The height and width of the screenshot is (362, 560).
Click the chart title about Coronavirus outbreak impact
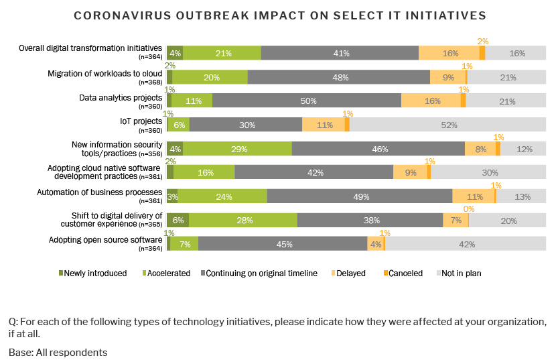pyautogui.click(x=280, y=15)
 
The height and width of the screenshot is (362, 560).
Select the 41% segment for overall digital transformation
pyautogui.click(x=340, y=54)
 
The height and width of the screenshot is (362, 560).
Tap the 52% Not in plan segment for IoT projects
pyautogui.click(x=449, y=125)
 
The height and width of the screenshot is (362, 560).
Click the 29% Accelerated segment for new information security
pyautogui.click(x=237, y=149)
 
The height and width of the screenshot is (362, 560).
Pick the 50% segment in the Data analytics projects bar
pyautogui.click(x=307, y=101)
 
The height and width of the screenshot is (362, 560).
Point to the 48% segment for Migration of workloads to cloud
pyautogui.click(x=339, y=77)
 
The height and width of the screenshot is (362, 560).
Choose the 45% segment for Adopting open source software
pyautogui.click(x=283, y=244)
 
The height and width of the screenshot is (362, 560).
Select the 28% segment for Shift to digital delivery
pyautogui.click(x=242, y=220)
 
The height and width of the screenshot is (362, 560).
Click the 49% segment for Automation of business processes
pyautogui.click(x=360, y=196)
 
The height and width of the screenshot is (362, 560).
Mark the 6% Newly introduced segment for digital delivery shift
pyautogui.click(x=178, y=220)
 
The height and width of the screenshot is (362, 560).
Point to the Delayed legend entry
pyautogui.click(x=348, y=274)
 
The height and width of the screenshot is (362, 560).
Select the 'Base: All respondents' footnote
pyautogui.click(x=58, y=352)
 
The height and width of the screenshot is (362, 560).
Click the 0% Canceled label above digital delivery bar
pyautogui.click(x=469, y=208)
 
